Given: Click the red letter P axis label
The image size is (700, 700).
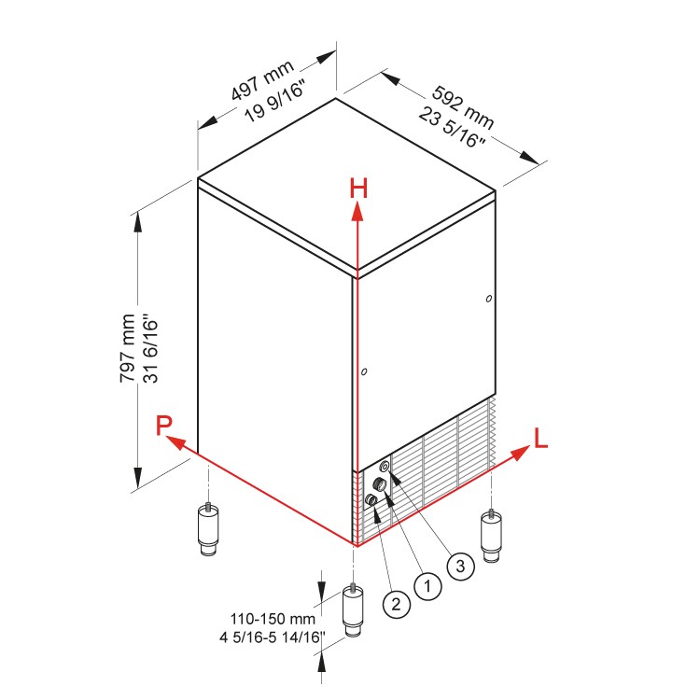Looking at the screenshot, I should (x=164, y=426).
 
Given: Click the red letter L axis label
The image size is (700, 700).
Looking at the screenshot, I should (x=540, y=437).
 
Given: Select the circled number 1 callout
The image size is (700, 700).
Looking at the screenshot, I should (x=427, y=585).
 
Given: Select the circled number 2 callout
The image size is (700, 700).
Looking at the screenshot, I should (x=396, y=604).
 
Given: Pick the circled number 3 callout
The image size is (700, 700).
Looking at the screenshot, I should (x=459, y=564).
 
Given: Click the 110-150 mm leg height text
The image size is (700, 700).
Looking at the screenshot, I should (x=273, y=618).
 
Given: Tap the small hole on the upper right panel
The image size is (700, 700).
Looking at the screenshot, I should (x=489, y=299).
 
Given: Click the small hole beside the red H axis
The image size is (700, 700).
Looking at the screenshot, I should (x=365, y=372).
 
